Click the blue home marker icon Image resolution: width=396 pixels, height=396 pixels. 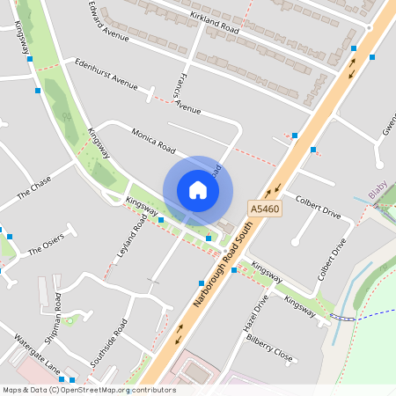point(198,189)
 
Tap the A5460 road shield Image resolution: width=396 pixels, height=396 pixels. point(264,209)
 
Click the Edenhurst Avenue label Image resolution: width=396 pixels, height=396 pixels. point(106,74)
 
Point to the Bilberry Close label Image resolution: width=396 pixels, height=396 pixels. point(268,348)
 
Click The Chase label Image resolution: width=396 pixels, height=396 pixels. point(34,188)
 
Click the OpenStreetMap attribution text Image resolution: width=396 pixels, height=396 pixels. point(88,390)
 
